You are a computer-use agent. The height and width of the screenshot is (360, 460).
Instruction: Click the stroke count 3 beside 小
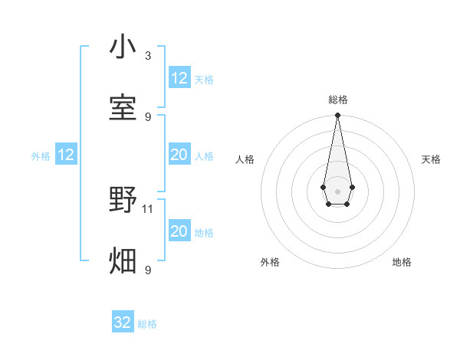[148, 55]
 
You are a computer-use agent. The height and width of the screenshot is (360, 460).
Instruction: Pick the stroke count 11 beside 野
[148, 208]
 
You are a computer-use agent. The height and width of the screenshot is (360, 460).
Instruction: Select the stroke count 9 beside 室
[148, 116]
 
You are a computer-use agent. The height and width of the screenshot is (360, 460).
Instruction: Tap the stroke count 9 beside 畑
[148, 270]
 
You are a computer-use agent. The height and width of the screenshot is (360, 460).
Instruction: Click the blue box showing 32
[123, 322]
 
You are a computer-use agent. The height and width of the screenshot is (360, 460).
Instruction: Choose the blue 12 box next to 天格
[179, 78]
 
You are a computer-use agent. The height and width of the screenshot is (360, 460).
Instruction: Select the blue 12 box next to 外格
[66, 155]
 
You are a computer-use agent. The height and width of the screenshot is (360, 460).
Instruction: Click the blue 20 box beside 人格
[179, 155]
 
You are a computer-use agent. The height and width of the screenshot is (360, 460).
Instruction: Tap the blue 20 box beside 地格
[179, 231]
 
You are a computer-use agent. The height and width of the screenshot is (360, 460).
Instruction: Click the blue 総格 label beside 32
[147, 324]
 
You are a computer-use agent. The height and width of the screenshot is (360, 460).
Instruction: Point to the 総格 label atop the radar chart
[337, 100]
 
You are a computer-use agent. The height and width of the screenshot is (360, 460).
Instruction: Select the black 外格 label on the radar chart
[270, 262]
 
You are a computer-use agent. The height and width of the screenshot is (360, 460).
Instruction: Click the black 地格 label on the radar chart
[402, 262]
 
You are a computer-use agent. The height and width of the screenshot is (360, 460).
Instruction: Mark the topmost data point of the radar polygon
[337, 116]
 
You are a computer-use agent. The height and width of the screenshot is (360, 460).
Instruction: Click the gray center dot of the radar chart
[337, 190]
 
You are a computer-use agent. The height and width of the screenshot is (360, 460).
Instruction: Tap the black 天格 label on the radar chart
[431, 159]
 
